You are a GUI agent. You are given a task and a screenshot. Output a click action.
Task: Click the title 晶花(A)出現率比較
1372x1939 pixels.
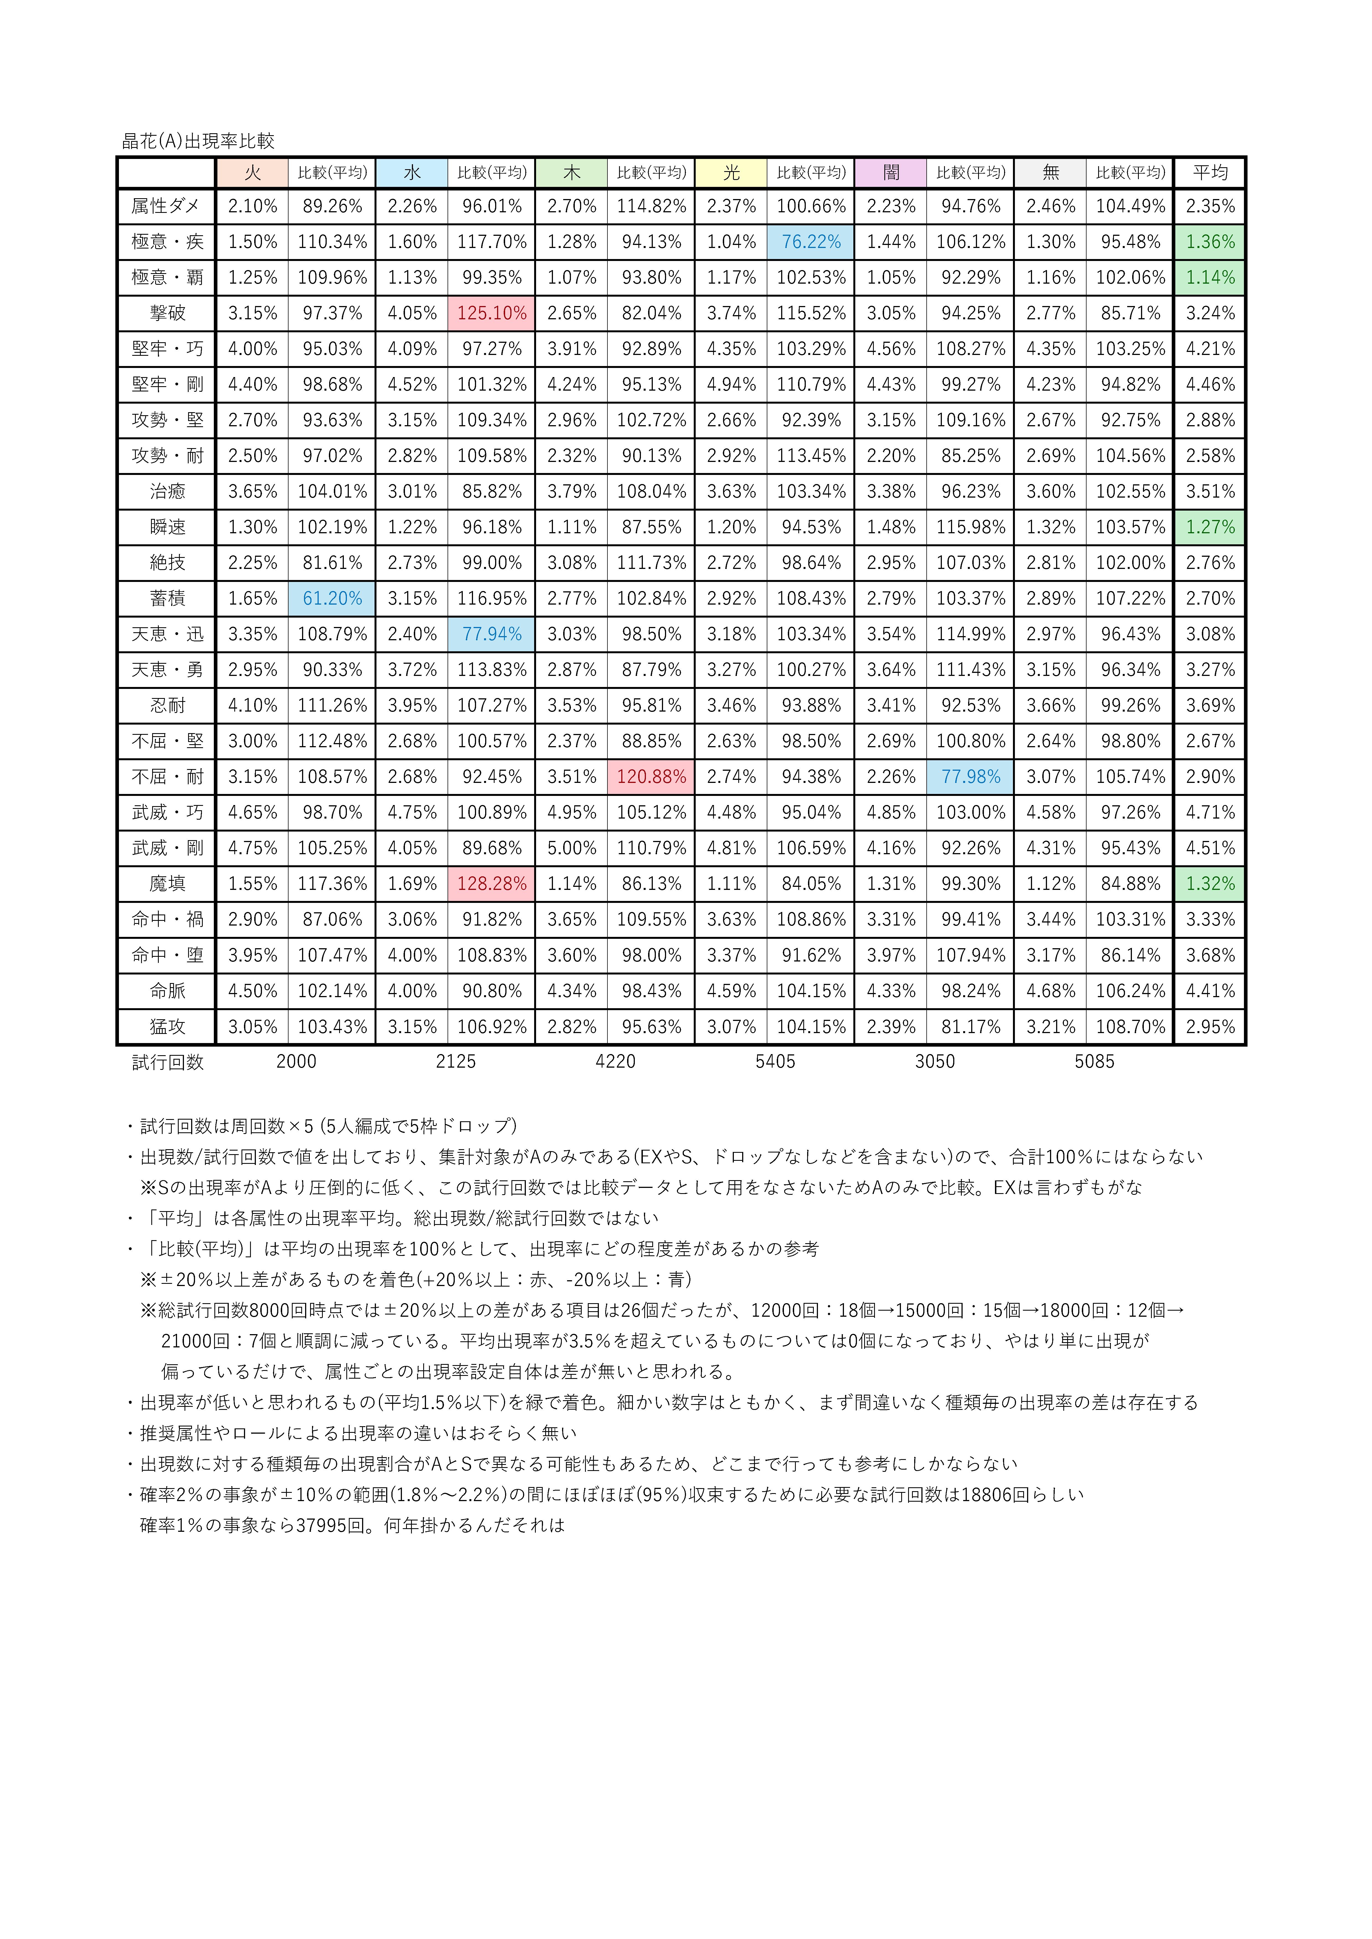click(x=199, y=141)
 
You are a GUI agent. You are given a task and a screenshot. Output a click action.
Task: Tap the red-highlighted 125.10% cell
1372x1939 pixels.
click(x=492, y=313)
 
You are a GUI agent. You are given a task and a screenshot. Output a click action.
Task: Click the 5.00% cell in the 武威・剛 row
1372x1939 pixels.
click(x=572, y=848)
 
